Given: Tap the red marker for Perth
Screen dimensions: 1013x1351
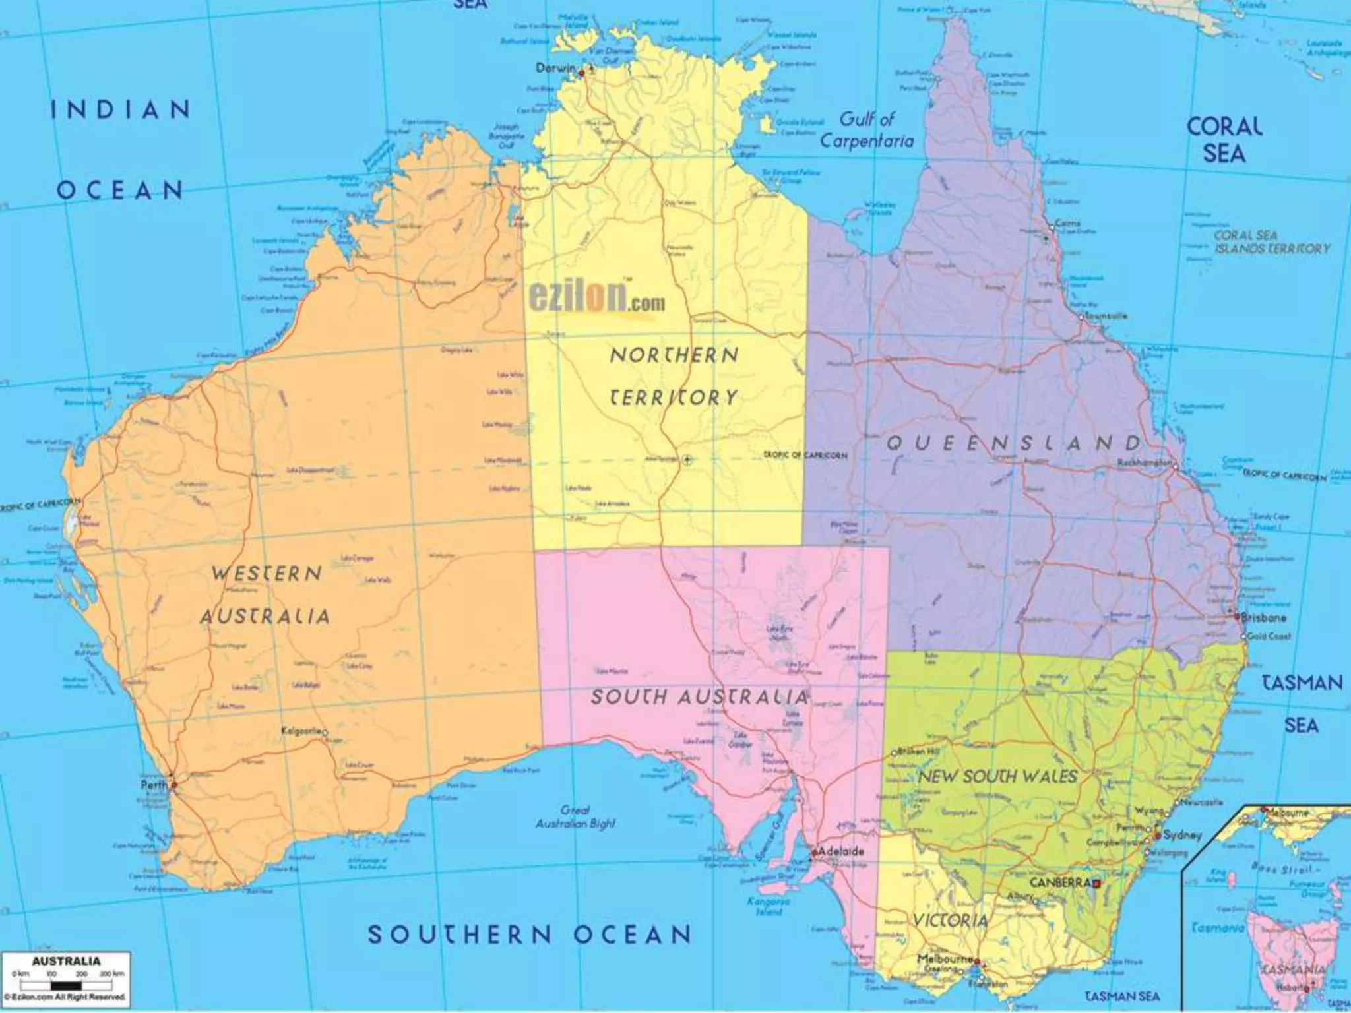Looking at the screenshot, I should pos(174,785).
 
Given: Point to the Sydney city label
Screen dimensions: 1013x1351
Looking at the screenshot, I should pos(1182,835).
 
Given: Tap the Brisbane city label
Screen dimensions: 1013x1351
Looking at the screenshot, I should pos(1263,618).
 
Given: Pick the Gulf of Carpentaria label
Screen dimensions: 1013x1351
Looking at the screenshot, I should pos(867,130).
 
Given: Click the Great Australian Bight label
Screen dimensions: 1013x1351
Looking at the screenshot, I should pos(575,816).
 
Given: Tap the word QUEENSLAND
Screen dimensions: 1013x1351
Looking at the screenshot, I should pos(1013,443).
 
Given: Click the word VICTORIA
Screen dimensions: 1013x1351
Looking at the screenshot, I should pos(950,921).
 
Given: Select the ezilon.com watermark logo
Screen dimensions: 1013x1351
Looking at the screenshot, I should pos(596,300).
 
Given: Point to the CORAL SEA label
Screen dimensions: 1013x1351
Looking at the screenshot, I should pos(1224,140).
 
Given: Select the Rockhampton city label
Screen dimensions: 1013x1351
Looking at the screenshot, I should pos(1144,463).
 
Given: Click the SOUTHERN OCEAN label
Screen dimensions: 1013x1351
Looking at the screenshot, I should pos(529,935).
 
